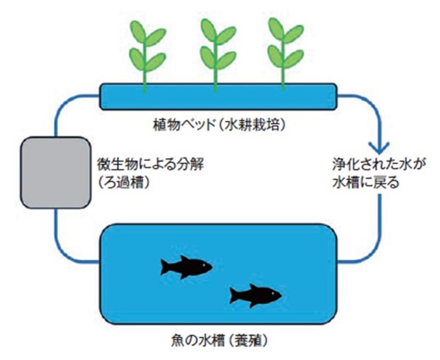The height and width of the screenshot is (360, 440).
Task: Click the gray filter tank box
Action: click(55, 172)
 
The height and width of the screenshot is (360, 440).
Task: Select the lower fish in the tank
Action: click(255, 295)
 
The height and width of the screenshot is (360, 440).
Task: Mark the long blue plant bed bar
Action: click(218, 97)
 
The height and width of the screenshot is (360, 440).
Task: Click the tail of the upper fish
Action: click(166, 265)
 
